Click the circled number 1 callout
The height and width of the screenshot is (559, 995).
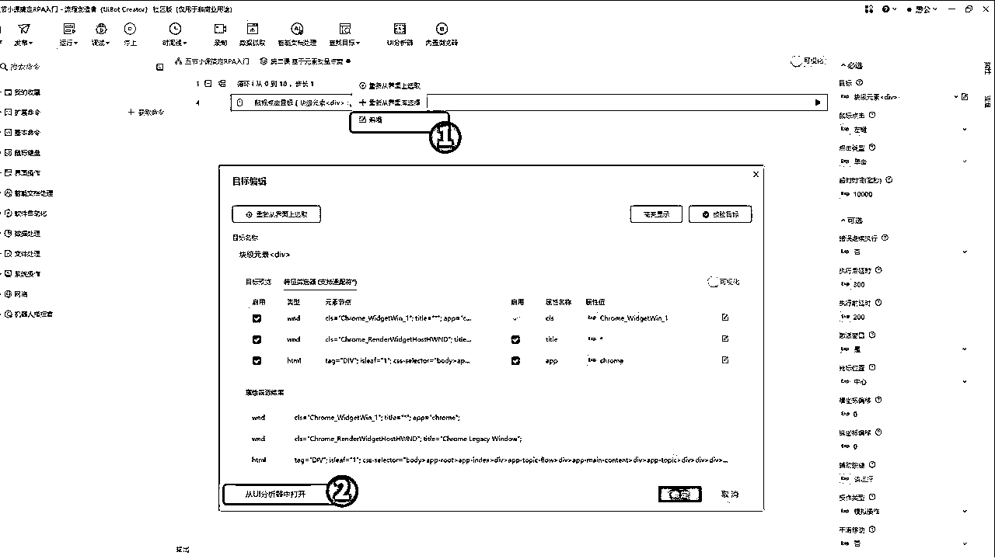pos(445,137)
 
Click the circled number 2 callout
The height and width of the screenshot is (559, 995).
pos(342,491)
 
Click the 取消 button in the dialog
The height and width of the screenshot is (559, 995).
pos(729,495)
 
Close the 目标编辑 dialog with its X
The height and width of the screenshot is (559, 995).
pos(756,175)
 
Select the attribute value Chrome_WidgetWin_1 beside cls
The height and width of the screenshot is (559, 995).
pos(634,318)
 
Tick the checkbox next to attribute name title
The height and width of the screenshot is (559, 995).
pos(515,339)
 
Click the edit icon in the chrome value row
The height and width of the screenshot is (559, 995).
pos(725,360)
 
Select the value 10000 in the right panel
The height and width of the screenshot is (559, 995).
pos(862,194)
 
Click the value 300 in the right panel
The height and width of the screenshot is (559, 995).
pos(859,284)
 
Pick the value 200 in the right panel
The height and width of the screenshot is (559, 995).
pos(859,317)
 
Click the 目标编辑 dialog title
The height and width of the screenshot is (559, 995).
pos(250,181)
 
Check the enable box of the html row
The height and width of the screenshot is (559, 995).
pos(257,360)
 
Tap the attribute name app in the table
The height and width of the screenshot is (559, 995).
pos(551,360)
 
